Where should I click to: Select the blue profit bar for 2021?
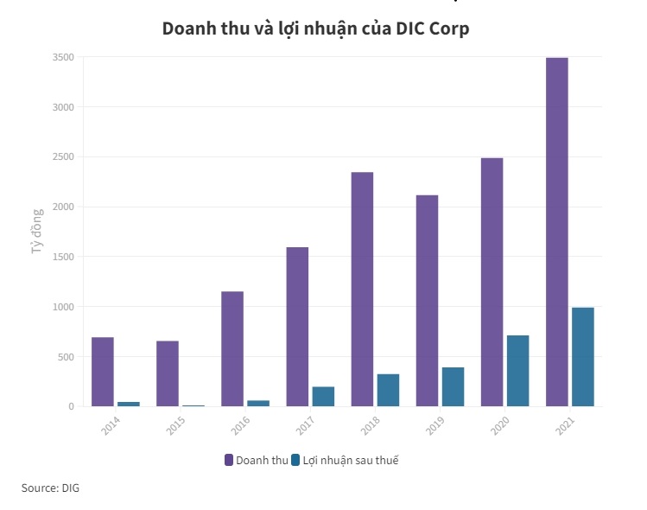(583, 356)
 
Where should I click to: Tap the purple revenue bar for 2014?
(103, 372)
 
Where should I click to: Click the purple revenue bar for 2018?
(362, 289)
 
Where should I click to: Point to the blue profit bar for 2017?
(323, 396)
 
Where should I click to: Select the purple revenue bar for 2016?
(232, 348)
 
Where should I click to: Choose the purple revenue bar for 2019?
(427, 301)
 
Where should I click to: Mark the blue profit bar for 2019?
(453, 386)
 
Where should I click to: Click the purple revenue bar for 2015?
(168, 373)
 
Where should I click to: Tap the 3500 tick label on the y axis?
(64, 57)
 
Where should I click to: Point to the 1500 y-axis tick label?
(64, 257)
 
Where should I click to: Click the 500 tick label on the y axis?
(67, 357)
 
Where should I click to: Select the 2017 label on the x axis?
(303, 425)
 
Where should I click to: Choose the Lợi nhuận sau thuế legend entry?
(345, 460)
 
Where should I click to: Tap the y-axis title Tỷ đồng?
(37, 232)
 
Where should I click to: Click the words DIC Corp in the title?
(432, 29)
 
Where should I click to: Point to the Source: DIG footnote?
(50, 488)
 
